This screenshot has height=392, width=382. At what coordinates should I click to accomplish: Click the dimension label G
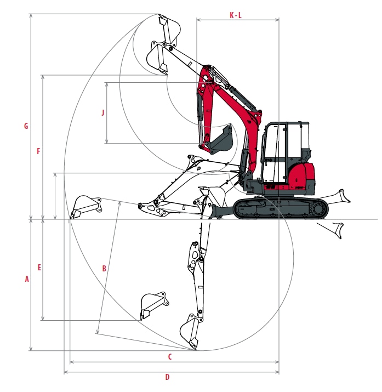pyautogui.click(x=26, y=126)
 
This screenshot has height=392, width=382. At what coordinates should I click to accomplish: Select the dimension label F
pyautogui.click(x=38, y=151)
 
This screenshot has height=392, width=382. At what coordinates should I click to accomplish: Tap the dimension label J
pyautogui.click(x=103, y=112)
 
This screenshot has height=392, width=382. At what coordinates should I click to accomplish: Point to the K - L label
pyautogui.click(x=236, y=15)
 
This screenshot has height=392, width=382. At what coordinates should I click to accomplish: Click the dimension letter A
pyautogui.click(x=27, y=279)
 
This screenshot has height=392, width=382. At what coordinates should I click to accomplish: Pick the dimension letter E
pyautogui.click(x=39, y=267)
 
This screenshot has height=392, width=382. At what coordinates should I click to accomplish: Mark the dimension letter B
pyautogui.click(x=104, y=269)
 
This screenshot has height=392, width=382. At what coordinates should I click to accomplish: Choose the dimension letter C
pyautogui.click(x=170, y=356)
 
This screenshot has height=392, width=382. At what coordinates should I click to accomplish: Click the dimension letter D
pyautogui.click(x=167, y=377)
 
